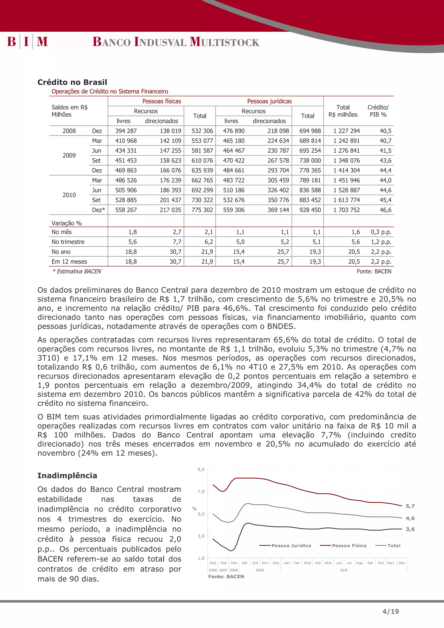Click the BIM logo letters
[27, 42]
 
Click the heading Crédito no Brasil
[72, 82]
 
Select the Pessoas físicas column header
[162, 101]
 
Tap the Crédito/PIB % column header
[378, 111]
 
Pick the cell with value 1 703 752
[346, 210]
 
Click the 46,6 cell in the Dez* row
[385, 210]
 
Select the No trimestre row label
[68, 242]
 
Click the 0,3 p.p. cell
[381, 232]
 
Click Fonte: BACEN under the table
[374, 271]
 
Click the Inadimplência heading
[67, 475]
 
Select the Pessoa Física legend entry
[349, 545]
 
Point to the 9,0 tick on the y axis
[201, 469]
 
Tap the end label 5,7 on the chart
[410, 506]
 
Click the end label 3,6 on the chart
[410, 529]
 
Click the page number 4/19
[390, 611]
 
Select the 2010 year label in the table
[69, 195]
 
